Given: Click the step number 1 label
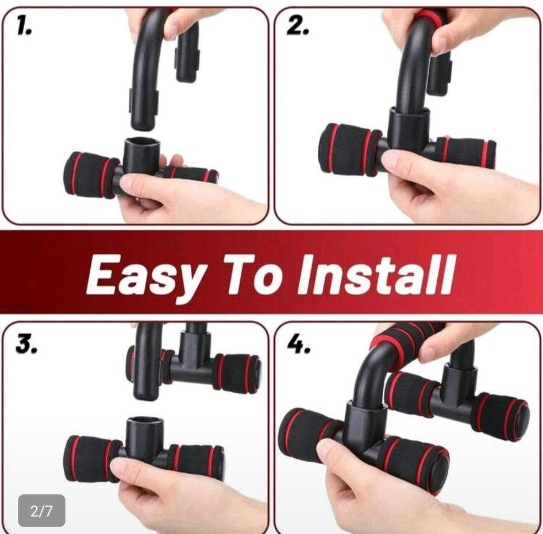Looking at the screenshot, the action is tap(24, 26).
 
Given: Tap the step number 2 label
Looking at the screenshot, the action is tap(297, 26).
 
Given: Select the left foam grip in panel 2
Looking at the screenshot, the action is tap(349, 149).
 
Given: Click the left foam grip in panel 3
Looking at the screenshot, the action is tap(91, 459).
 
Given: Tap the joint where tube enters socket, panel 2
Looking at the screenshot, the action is tap(409, 111).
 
